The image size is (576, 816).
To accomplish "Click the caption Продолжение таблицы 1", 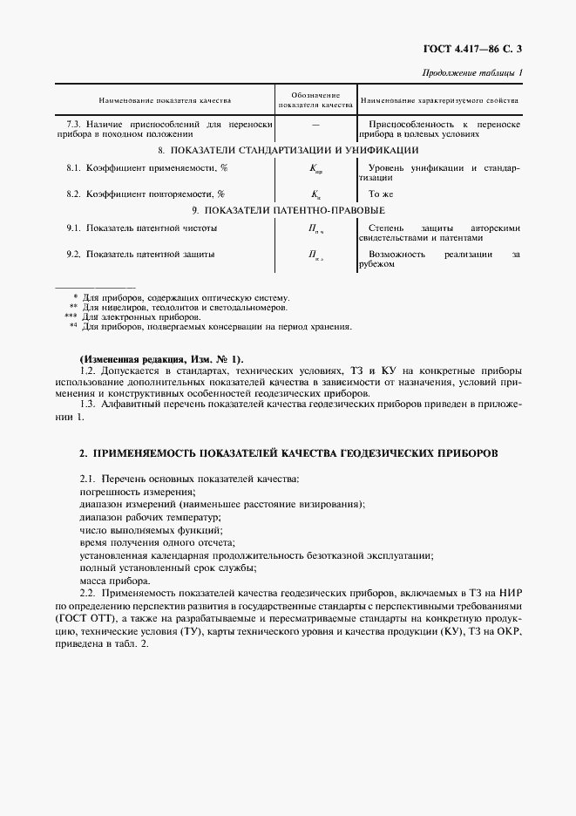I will point(471,73).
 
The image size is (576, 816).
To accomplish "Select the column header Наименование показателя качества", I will point(164,101).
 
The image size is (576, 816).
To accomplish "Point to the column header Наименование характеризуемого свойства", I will point(439,101).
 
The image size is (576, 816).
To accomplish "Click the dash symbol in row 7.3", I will point(315,126).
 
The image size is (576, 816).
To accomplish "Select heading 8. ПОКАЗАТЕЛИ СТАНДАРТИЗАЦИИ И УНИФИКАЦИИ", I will point(288,151).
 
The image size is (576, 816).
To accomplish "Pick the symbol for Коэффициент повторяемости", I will point(315,194).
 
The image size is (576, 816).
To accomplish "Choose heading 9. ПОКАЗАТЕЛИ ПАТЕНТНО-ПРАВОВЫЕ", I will point(288,210).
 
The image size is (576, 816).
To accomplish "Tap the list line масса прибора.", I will point(114,581).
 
